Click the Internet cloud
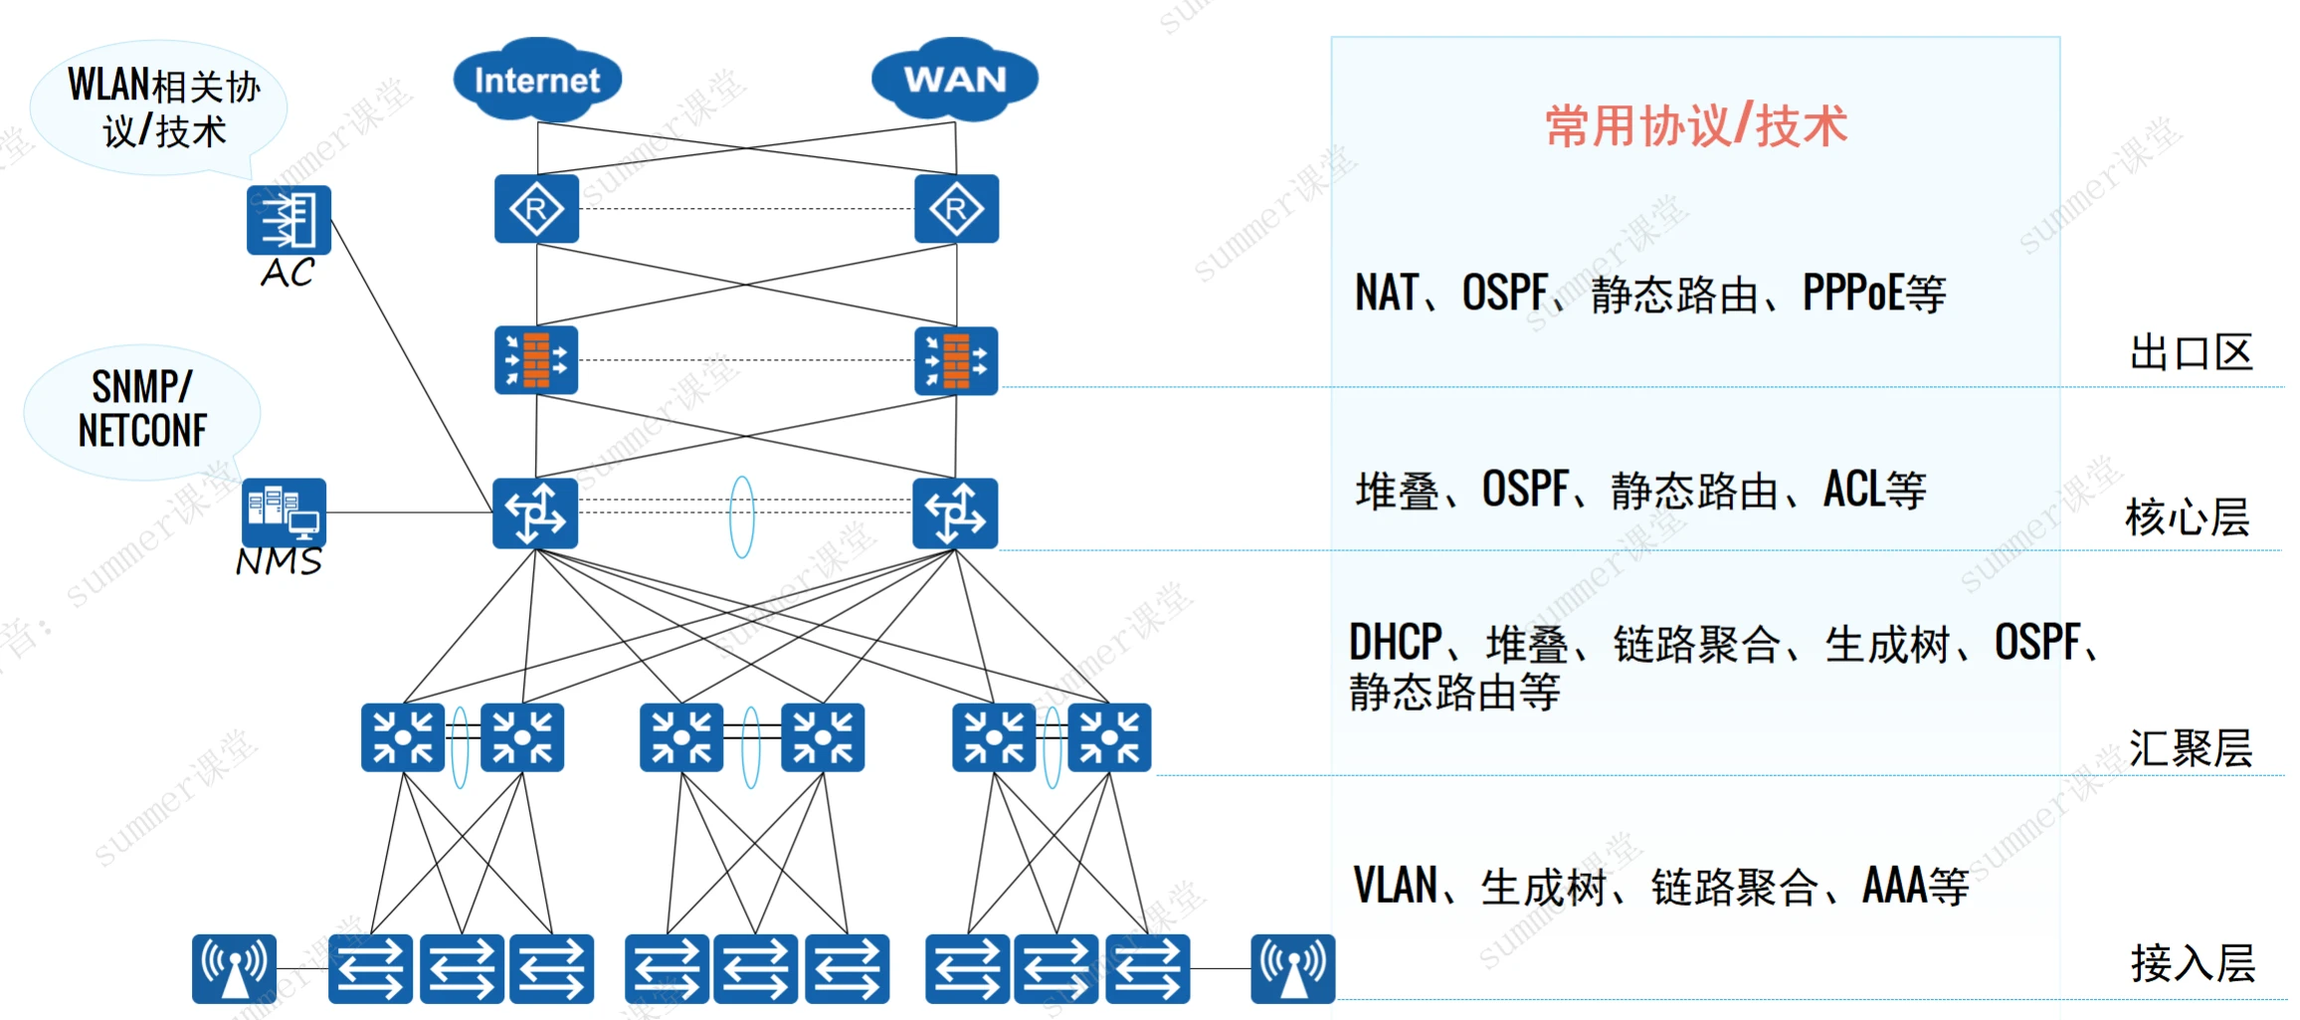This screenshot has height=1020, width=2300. click(x=537, y=80)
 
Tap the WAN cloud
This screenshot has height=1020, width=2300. click(x=955, y=80)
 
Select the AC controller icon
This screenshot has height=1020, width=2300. click(x=288, y=220)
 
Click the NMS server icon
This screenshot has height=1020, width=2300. click(x=284, y=511)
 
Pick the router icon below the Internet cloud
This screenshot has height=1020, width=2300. click(x=536, y=209)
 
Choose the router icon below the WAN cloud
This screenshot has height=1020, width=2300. click(x=956, y=209)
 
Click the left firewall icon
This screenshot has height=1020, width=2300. click(x=536, y=360)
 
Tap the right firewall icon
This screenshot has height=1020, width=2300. click(x=956, y=360)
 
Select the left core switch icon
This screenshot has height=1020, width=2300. click(x=535, y=513)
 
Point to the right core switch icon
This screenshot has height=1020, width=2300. click(x=955, y=513)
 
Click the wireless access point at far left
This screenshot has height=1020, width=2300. click(x=234, y=968)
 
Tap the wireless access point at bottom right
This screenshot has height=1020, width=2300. click(x=1292, y=968)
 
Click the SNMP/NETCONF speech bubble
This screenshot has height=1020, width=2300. click(x=142, y=410)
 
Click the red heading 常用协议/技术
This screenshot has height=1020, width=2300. click(x=1695, y=126)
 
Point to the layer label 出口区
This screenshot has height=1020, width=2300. click(x=2191, y=353)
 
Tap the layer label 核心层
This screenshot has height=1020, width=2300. click(x=2187, y=517)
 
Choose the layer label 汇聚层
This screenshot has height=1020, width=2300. click(x=2190, y=748)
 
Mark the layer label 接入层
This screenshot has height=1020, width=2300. click(x=2192, y=963)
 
